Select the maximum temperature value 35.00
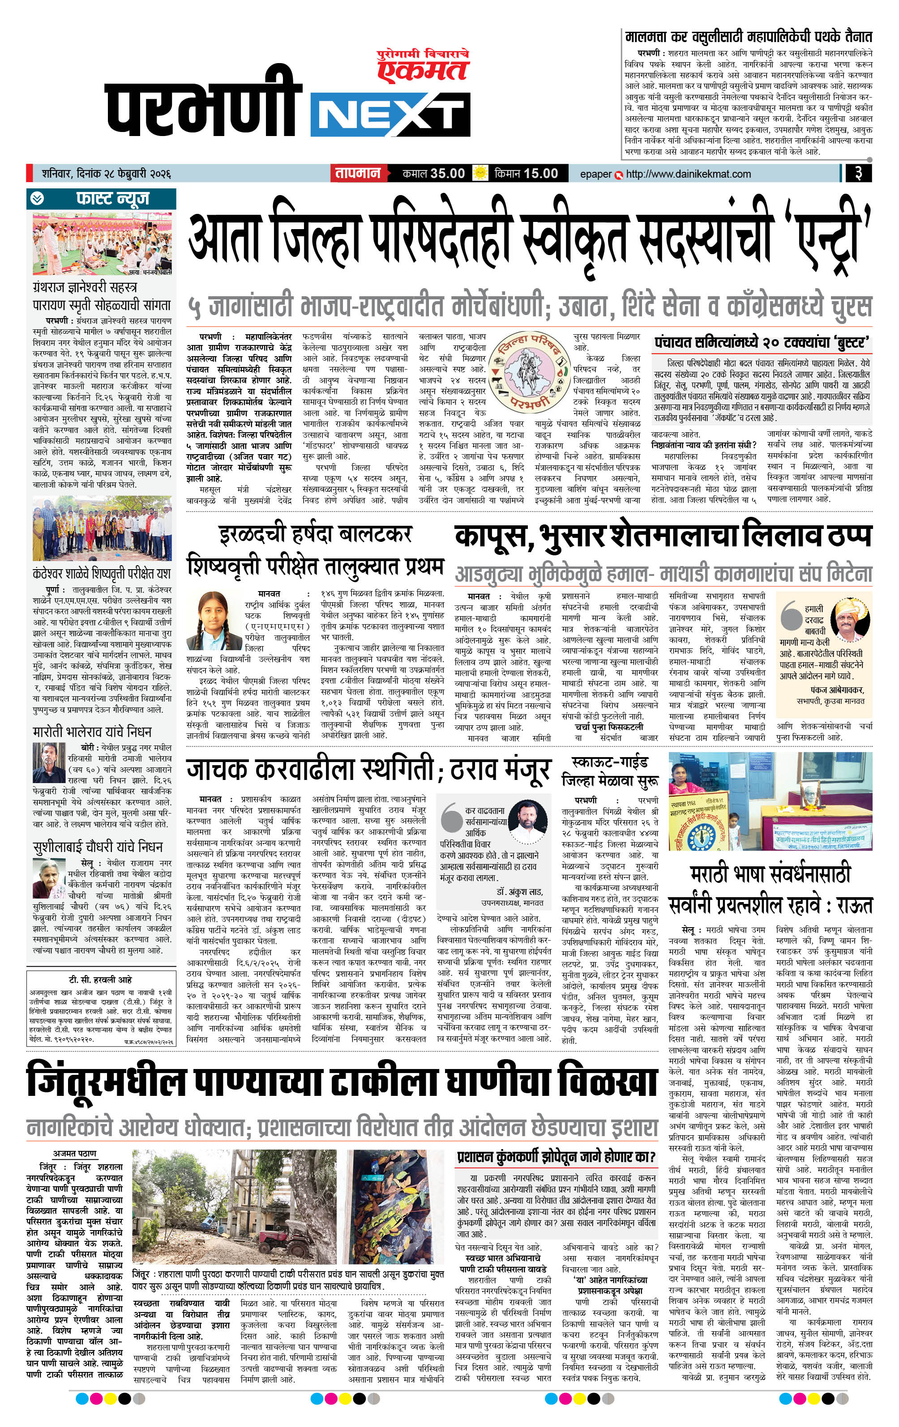[x=447, y=174]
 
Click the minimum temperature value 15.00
[x=541, y=174]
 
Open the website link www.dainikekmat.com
[x=688, y=174]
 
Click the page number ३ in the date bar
[x=858, y=174]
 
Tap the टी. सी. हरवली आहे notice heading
[x=100, y=980]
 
